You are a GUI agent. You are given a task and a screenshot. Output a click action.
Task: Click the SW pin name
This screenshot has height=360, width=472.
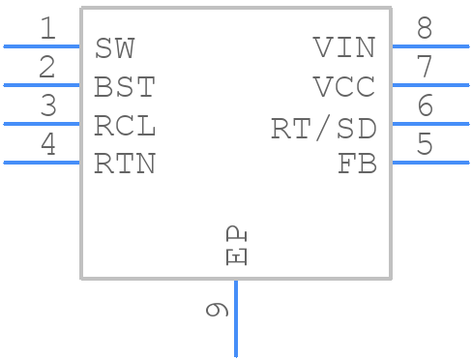pos(115,48)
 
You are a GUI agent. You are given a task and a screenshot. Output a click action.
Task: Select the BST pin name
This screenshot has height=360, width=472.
pos(125,87)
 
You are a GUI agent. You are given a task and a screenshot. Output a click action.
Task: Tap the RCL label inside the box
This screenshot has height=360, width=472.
pos(125,126)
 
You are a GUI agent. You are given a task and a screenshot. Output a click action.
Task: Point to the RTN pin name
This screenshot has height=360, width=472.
pos(125,165)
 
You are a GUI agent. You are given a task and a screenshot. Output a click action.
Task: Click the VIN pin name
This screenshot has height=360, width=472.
pos(344,48)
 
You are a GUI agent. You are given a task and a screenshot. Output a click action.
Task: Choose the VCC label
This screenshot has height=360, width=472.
pos(344,87)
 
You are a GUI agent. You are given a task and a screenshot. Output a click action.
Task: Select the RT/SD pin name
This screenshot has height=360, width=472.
pos(323,128)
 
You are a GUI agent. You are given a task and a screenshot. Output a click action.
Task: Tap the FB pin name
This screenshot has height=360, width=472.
pos(357,165)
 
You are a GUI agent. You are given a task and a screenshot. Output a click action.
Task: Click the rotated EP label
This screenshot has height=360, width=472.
pos(235,246)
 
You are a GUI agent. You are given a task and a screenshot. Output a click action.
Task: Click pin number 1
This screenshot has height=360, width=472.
pos(47,29)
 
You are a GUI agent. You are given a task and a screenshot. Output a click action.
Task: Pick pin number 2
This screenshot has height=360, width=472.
pos(47,68)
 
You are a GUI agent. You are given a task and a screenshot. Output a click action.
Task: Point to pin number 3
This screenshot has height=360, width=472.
pos(47,106)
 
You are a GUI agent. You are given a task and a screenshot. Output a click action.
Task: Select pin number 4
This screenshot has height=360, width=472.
pos(47,145)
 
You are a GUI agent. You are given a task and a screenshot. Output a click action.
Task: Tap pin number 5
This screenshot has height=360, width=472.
pos(425,145)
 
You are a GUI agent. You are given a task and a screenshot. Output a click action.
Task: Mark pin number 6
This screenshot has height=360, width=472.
pos(425,106)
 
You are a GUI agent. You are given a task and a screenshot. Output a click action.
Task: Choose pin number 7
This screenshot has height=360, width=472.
pos(425,68)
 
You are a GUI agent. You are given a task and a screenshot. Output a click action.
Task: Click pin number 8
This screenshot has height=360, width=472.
pos(425,29)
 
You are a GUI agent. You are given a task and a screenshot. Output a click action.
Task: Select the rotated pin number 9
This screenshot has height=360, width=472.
pos(217,310)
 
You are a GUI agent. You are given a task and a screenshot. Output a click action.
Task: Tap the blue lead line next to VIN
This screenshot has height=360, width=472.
pos(430,45)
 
